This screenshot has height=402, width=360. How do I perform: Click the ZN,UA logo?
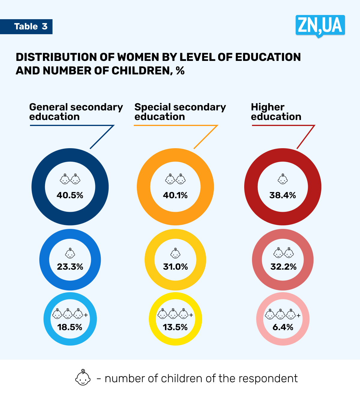click(320, 25)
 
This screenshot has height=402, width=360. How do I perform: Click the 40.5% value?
click(70, 195)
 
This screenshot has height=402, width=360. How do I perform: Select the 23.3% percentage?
click(70, 267)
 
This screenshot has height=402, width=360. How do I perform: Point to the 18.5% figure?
click(70, 327)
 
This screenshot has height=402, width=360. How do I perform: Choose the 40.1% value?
click(175, 195)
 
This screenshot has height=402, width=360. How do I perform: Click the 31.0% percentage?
click(175, 267)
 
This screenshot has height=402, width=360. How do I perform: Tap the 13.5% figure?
click(175, 327)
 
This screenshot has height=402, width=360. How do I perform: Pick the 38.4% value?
click(283, 195)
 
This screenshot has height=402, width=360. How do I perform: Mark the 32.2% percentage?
click(283, 267)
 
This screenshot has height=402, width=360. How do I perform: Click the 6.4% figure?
click(283, 327)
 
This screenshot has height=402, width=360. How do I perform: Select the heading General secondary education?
click(76, 112)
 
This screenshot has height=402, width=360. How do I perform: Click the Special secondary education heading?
click(180, 112)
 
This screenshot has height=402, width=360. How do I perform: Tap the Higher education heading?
click(276, 112)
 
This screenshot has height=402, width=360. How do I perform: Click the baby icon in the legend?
click(83, 378)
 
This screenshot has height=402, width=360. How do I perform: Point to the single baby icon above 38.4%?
click(283, 179)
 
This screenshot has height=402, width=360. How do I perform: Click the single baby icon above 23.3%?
click(70, 253)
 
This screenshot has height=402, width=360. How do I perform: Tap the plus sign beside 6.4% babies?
click(298, 315)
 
